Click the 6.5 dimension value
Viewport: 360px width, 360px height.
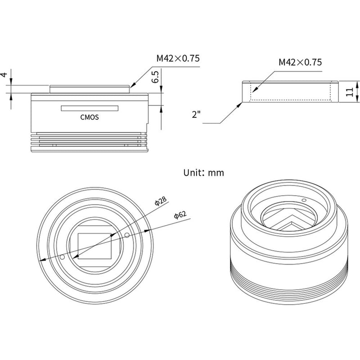click(x=155, y=77)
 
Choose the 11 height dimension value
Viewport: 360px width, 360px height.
click(x=348, y=93)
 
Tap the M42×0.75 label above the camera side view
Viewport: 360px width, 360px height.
click(x=178, y=58)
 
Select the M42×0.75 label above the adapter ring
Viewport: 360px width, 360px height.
click(x=300, y=62)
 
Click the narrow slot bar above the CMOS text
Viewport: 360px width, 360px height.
click(x=90, y=108)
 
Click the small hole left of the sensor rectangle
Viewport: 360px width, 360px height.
click(x=63, y=257)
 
